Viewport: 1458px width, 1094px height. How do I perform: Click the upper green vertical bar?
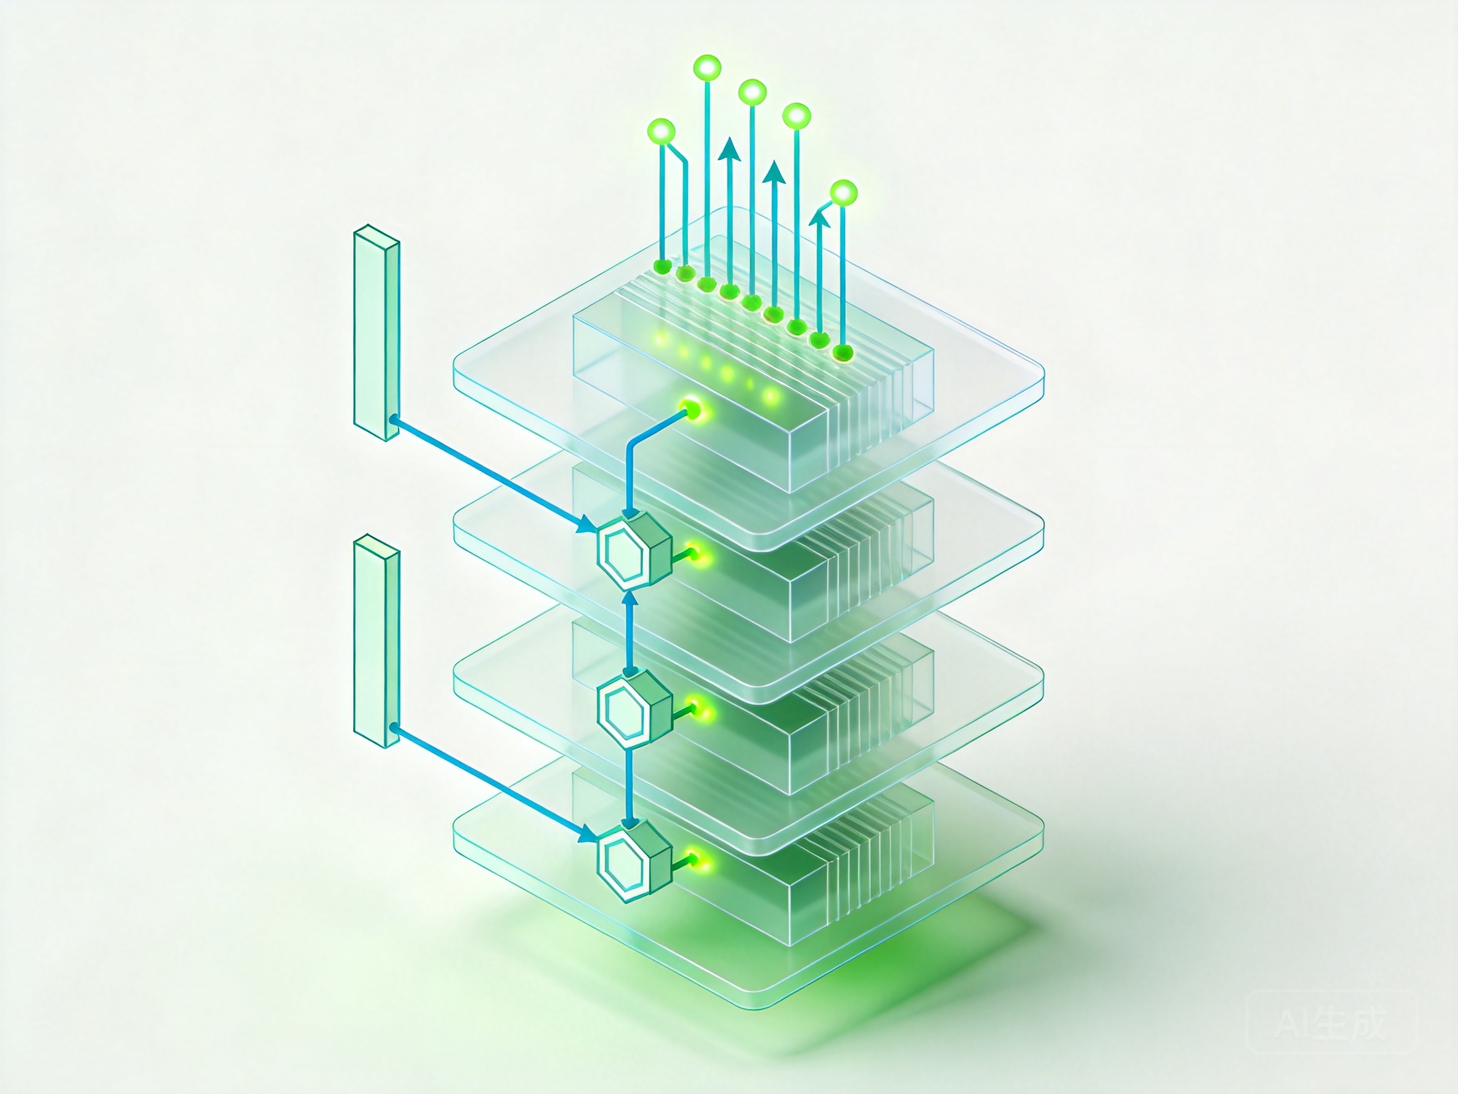pos(377,333)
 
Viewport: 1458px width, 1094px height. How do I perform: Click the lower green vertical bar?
pos(377,641)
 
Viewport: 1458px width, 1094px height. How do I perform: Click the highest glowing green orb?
pos(708,68)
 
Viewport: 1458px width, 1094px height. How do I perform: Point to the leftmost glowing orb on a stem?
pos(662,130)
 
